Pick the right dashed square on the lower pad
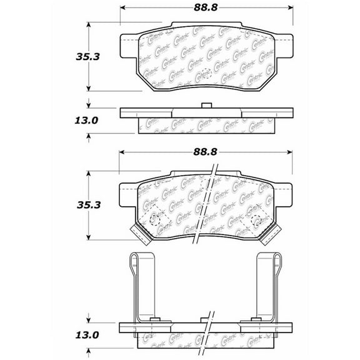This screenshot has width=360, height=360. [256, 220]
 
